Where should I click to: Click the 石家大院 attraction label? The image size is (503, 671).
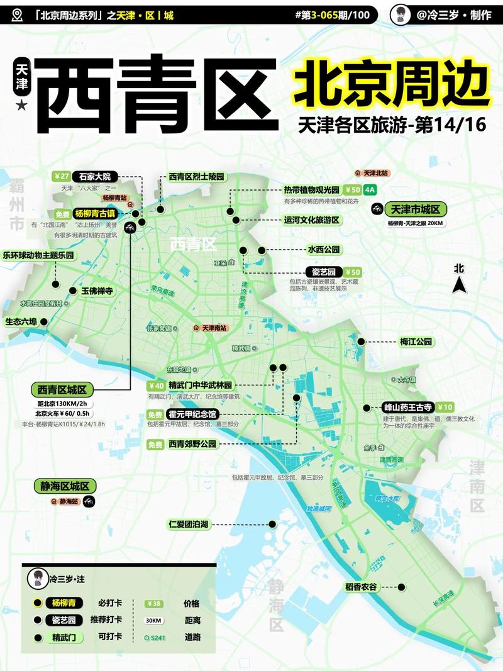tap(95, 177)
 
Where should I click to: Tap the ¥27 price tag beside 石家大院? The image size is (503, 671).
tap(61, 177)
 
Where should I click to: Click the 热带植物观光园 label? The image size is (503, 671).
tap(311, 189)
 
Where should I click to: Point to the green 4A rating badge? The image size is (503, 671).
tap(370, 189)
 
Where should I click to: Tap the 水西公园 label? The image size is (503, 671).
tap(323, 250)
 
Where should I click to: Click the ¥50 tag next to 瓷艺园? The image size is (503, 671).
tap(353, 272)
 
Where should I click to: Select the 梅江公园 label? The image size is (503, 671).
tap(416, 341)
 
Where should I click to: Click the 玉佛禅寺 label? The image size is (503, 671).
tap(97, 291)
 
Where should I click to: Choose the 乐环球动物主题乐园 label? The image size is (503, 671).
tap(39, 256)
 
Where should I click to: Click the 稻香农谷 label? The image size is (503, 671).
tap(361, 587)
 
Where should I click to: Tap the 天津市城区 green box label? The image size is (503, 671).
tap(415, 209)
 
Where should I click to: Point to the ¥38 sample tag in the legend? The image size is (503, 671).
tap(153, 604)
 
